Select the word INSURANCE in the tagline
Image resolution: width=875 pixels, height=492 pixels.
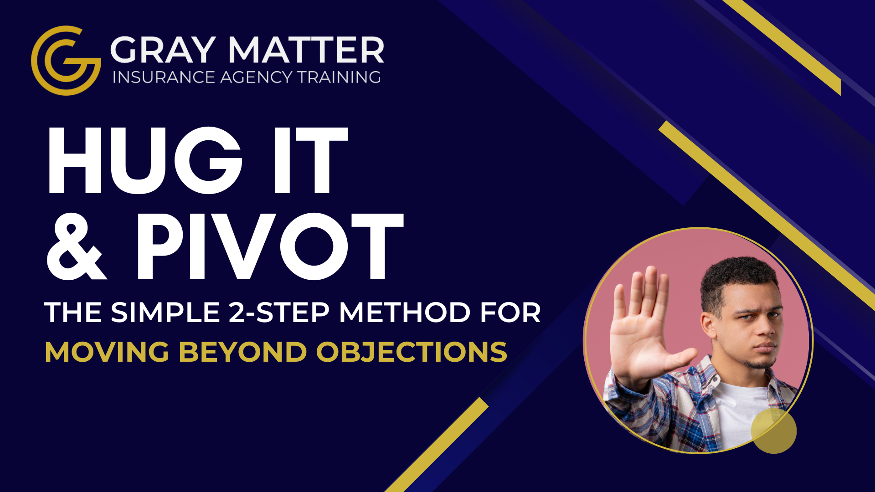click(x=163, y=77)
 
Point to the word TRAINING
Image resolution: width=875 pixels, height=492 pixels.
click(x=339, y=77)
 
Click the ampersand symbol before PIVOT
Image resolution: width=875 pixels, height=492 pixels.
click(x=77, y=246)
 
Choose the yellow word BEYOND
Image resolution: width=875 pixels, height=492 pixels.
click(x=242, y=352)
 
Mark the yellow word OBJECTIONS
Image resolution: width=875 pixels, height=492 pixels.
click(x=412, y=352)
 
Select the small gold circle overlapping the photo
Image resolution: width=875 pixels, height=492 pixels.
click(x=774, y=431)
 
